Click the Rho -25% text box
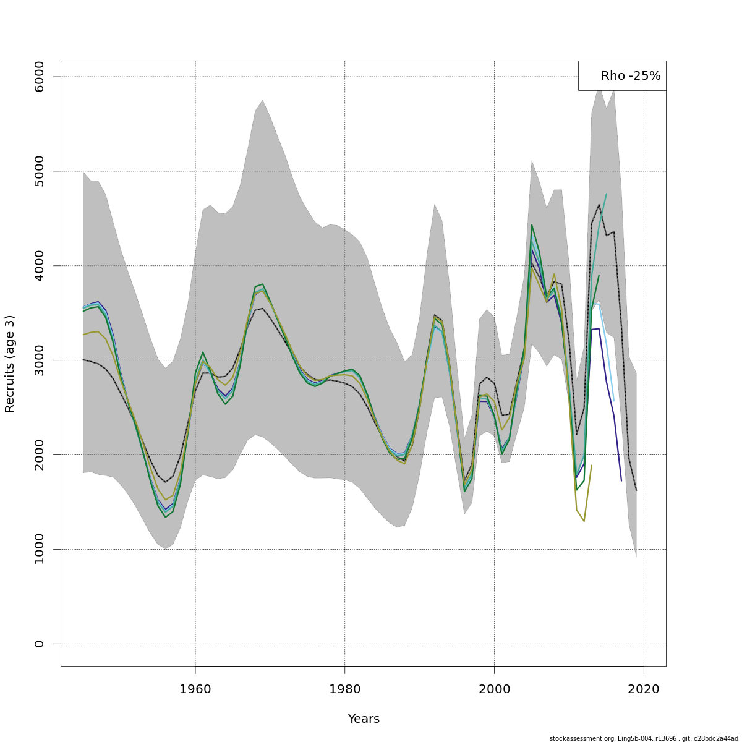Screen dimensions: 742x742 point(623,76)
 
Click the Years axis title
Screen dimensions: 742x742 point(364,719)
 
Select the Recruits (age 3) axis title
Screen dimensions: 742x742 point(10,364)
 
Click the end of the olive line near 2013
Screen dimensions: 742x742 point(592,465)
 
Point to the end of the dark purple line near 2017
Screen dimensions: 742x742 point(621,480)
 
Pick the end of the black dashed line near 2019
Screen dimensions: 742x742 point(636,490)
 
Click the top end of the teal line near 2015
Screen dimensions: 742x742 point(607,194)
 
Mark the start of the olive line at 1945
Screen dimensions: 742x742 point(83,335)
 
